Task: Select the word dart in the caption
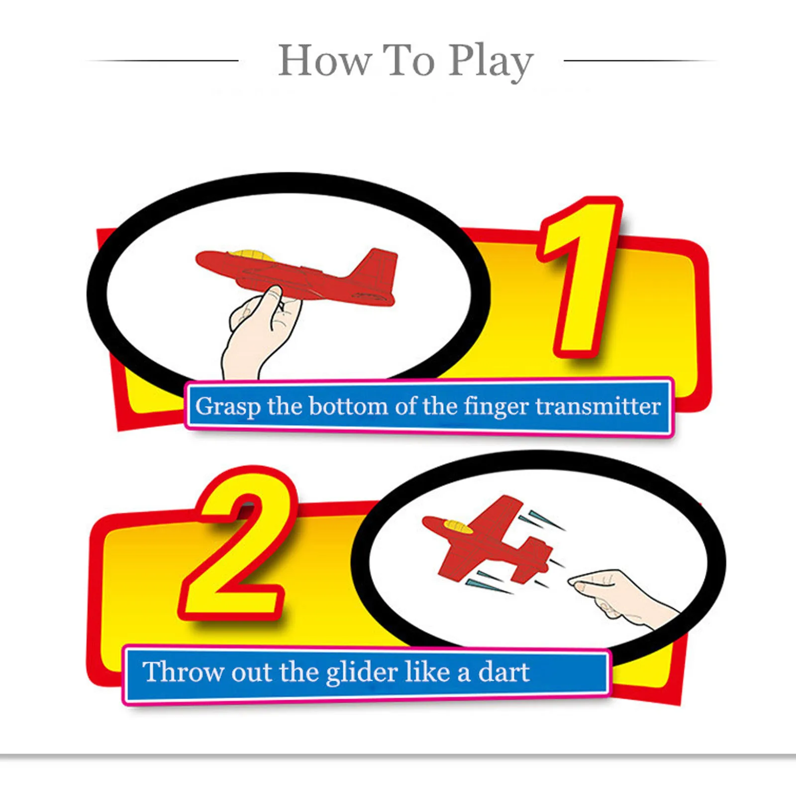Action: pos(503,672)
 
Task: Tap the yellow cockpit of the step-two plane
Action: pos(458,526)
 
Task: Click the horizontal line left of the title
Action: pos(164,61)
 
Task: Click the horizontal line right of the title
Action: pos(639,61)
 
